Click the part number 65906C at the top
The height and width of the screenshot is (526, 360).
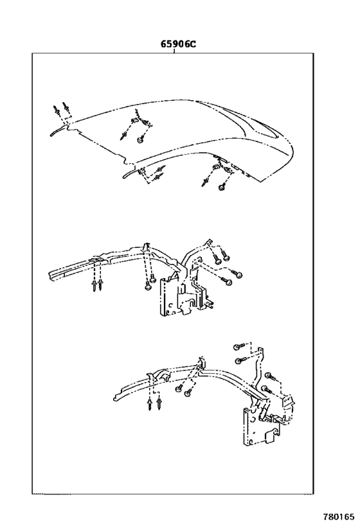(178, 45)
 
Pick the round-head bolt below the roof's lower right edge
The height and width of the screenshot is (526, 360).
(222, 187)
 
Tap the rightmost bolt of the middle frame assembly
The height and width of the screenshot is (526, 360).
(239, 275)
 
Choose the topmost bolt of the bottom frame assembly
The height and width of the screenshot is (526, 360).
(237, 346)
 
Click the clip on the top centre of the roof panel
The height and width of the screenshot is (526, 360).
(134, 119)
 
